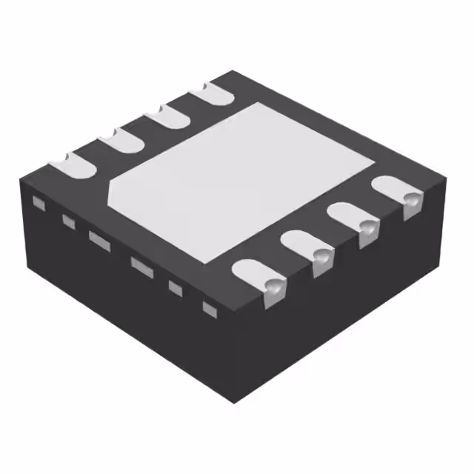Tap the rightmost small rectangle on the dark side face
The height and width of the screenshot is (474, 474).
click(x=209, y=306)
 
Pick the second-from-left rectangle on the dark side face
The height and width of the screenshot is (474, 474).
click(x=68, y=220)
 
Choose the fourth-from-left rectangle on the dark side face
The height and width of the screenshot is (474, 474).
click(x=139, y=263)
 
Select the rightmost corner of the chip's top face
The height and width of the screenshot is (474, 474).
click(x=447, y=178)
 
